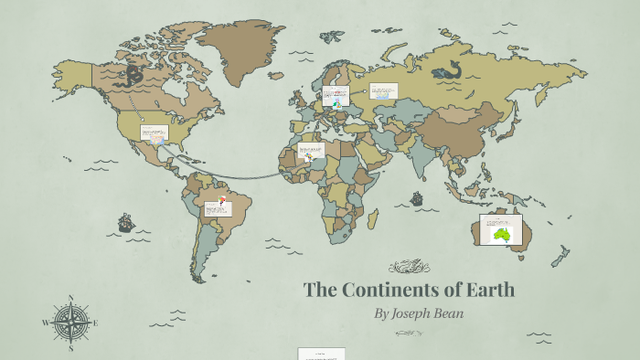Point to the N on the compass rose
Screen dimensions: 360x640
tap(70, 298)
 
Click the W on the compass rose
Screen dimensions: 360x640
tap(45, 323)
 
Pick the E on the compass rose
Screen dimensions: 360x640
tap(95, 323)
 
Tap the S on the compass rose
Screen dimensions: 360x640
tap(70, 348)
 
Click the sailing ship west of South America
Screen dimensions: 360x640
tap(125, 222)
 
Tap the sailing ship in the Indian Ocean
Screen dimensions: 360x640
tap(417, 198)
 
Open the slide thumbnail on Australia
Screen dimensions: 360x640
tap(501, 229)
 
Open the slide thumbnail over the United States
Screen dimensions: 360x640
tap(154, 133)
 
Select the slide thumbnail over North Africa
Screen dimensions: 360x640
tap(311, 151)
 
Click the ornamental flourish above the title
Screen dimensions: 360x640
tap(409, 267)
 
